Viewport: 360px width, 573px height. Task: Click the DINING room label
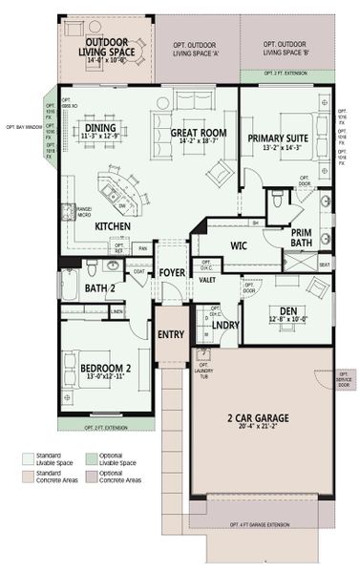[x=100, y=127]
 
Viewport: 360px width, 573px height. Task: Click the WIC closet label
[x=240, y=244]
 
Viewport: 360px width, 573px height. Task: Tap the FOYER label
[x=171, y=272]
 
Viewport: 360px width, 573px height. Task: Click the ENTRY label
[x=171, y=334]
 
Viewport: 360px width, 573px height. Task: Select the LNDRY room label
[x=226, y=324]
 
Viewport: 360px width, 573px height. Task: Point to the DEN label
[x=286, y=310]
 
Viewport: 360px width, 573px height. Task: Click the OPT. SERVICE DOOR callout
[x=346, y=378]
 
